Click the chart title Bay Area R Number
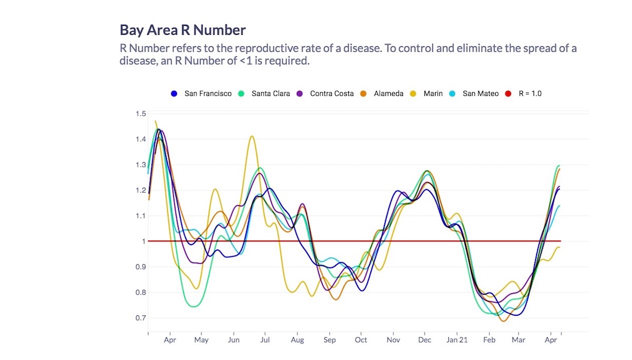(182, 29)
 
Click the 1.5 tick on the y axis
(140, 114)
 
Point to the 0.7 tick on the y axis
(140, 318)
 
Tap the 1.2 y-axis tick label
(140, 190)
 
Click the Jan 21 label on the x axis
(457, 340)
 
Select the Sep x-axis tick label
(329, 340)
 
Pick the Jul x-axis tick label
(265, 340)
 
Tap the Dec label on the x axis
(424, 340)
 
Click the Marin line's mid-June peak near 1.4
(252, 136)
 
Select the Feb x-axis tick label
(489, 340)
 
